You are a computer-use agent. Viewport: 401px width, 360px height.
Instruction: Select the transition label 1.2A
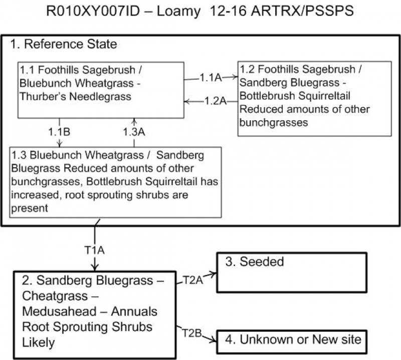tap(216, 101)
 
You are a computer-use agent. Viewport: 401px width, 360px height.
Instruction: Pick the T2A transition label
tap(193, 280)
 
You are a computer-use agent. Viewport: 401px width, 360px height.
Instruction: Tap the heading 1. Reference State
tap(64, 44)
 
